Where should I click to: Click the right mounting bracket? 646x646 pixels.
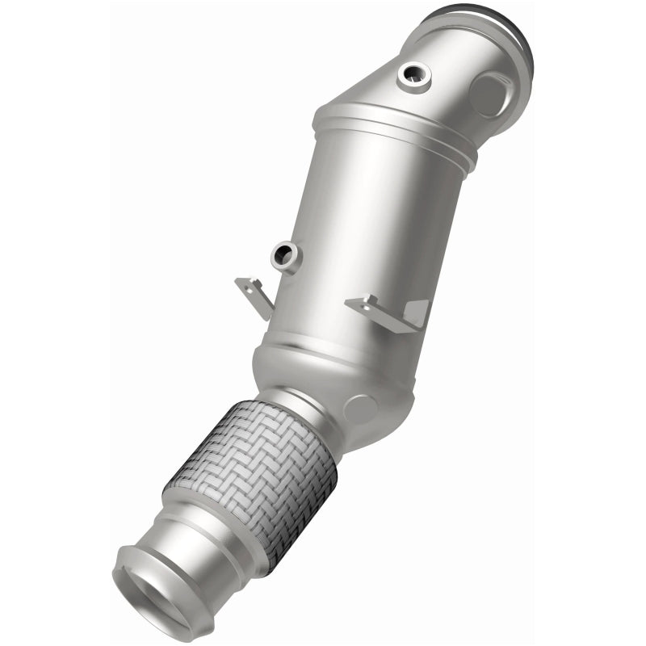[386, 310]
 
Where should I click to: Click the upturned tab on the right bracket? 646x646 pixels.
[416, 312]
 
